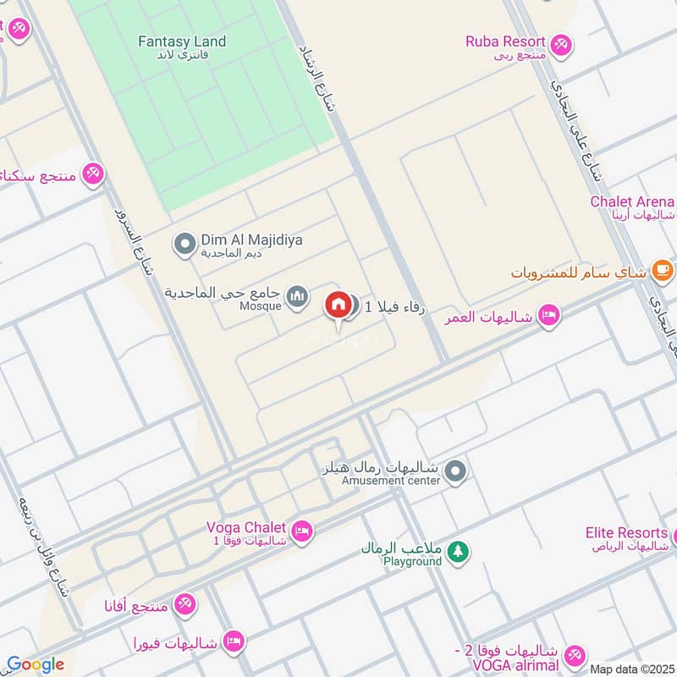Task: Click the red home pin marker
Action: click(338, 305)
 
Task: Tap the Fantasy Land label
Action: click(182, 41)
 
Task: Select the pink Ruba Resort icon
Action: click(560, 43)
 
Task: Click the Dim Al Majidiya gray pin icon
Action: click(184, 245)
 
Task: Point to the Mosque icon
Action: click(296, 297)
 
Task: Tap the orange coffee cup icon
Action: click(663, 272)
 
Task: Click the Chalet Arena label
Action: click(632, 201)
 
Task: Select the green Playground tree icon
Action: click(458, 551)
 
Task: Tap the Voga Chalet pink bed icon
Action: click(302, 531)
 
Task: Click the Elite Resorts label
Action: click(626, 532)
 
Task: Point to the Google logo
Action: click(35, 664)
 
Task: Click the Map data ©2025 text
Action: click(630, 669)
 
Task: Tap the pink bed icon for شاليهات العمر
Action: click(549, 316)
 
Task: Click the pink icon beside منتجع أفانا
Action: click(184, 603)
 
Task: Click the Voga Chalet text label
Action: click(246, 527)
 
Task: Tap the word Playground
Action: click(412, 561)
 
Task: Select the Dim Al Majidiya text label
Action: click(251, 240)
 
